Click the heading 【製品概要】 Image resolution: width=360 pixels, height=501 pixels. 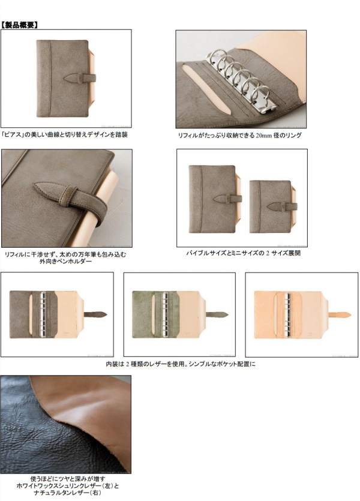[x=20, y=25]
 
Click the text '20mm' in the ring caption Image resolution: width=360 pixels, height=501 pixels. [x=263, y=136]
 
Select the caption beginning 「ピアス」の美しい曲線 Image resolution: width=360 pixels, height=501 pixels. [x=64, y=134]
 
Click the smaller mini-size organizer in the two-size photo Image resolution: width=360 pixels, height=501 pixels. [x=274, y=206]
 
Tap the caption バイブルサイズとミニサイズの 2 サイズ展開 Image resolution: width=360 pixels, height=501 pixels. [x=244, y=253]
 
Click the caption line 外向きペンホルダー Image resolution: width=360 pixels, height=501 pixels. [x=65, y=262]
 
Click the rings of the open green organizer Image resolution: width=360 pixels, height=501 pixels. [x=165, y=314]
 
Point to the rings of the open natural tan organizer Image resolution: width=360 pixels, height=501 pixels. [x=287, y=315]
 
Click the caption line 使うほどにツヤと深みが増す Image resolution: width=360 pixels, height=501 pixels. [x=68, y=479]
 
